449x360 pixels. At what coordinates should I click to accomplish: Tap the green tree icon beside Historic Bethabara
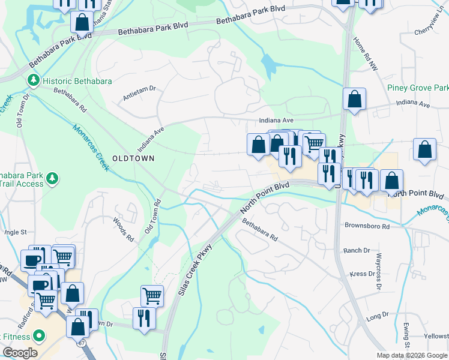(x=32, y=80)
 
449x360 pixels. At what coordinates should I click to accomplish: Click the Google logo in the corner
(x=19, y=353)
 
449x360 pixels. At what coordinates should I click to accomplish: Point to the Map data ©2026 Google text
(x=412, y=355)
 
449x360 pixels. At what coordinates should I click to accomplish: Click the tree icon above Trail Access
(x=53, y=178)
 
